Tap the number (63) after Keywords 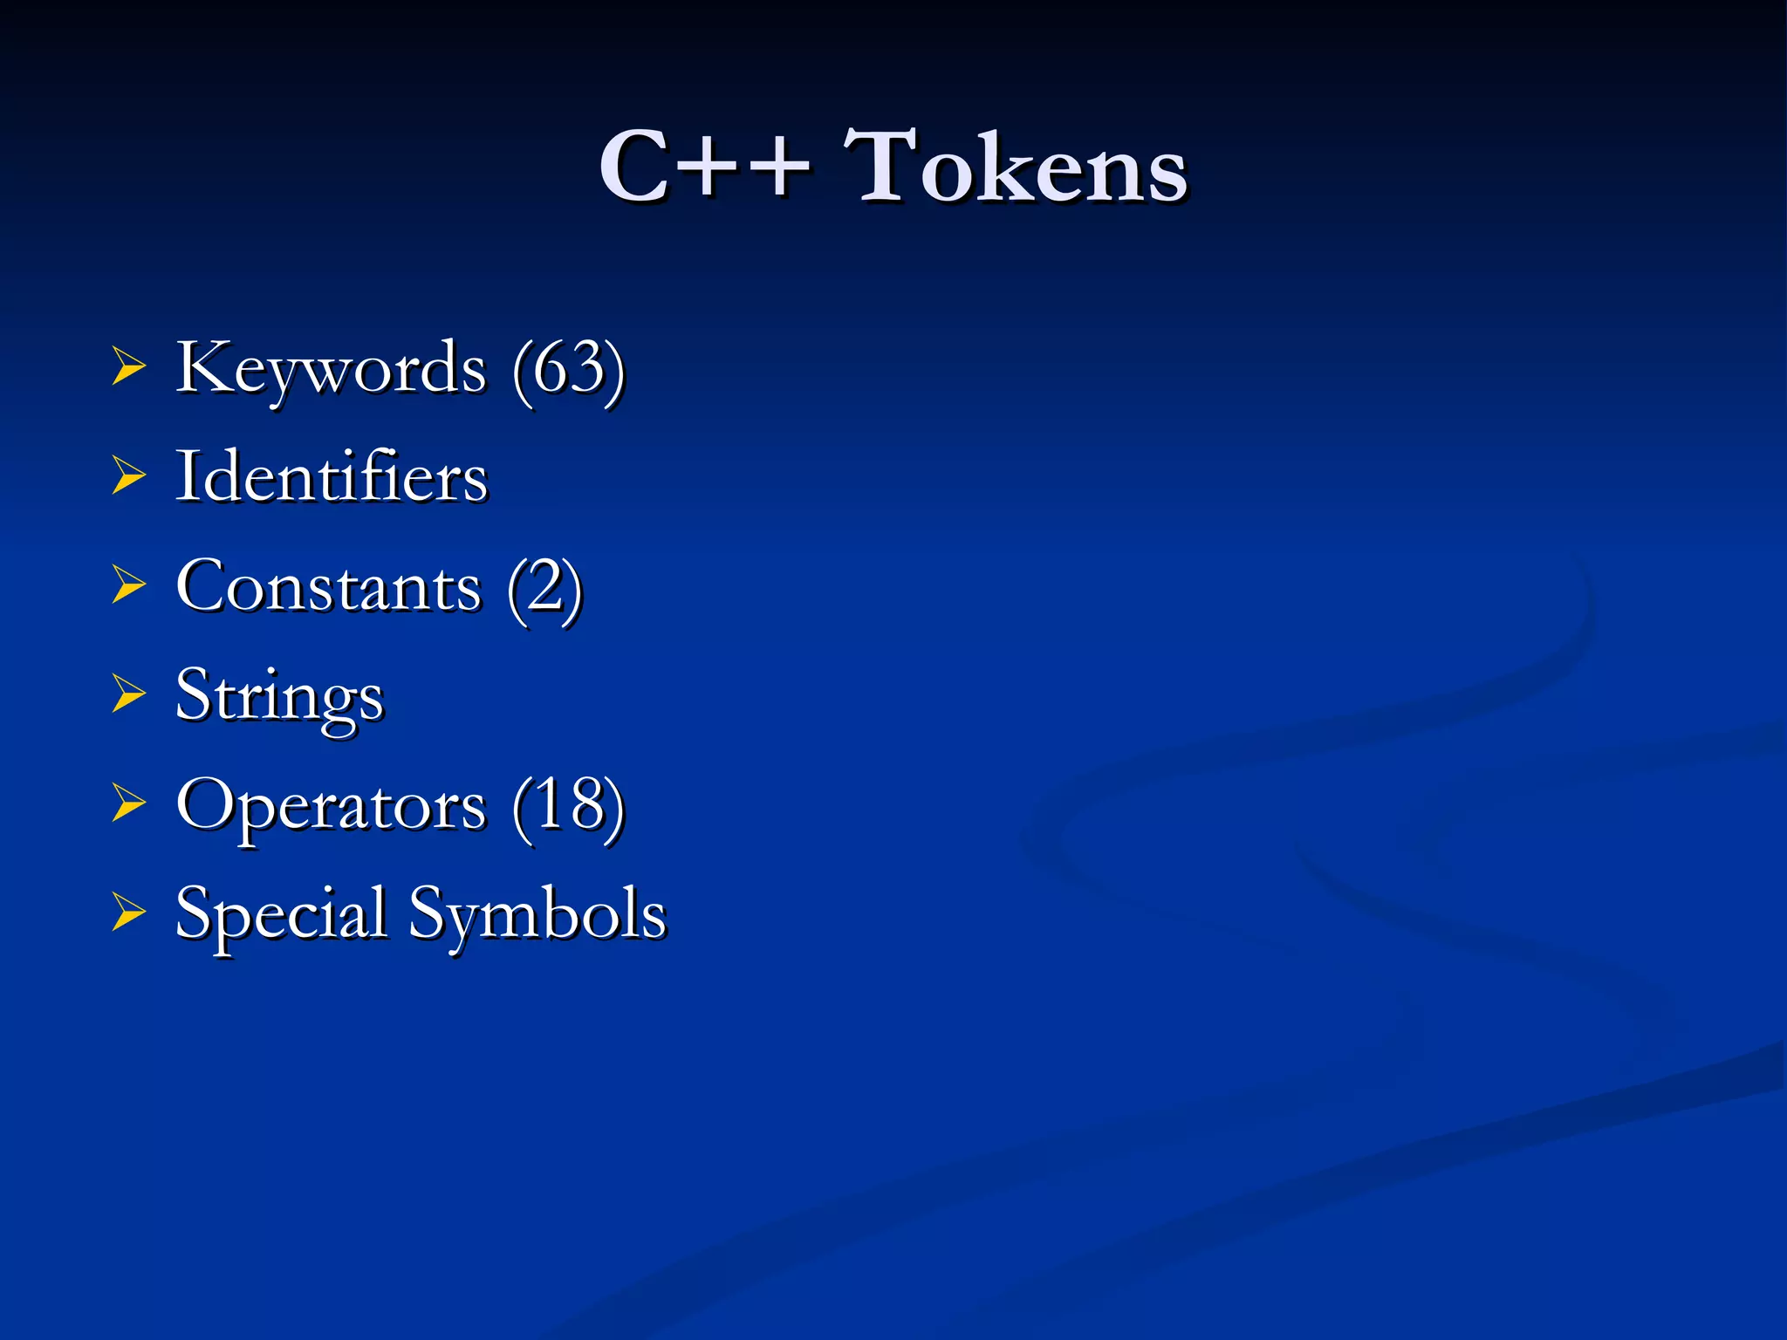pos(569,370)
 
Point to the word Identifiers pos(332,477)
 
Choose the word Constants pos(328,587)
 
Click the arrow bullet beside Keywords pos(128,367)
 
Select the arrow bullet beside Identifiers pos(128,476)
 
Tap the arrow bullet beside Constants pos(128,585)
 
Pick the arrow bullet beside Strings pos(128,695)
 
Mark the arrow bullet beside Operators pos(128,804)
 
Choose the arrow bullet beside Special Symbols pos(128,913)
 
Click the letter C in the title pos(632,166)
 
